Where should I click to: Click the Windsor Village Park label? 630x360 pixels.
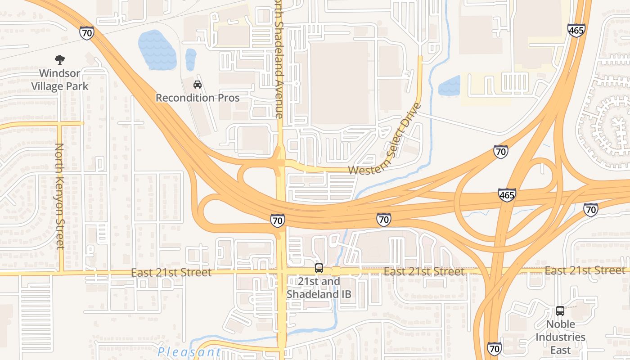coord(59,80)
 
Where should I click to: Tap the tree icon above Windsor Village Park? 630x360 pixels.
coord(59,59)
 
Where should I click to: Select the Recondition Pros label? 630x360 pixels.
coord(198,98)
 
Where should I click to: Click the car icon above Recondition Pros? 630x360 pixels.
coord(197,84)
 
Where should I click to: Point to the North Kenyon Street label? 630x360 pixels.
coord(59,196)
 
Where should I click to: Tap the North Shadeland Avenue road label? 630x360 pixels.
coord(279,58)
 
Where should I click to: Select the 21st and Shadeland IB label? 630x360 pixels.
coord(319,288)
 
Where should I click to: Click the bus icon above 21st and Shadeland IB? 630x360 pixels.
coord(319,268)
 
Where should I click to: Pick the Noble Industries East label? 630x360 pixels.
coord(560,337)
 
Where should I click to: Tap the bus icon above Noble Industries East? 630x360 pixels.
coord(560,311)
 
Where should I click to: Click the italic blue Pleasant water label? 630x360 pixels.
coord(189,352)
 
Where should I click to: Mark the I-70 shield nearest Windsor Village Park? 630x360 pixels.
coord(87,33)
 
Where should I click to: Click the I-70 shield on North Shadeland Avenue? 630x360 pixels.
coord(278,220)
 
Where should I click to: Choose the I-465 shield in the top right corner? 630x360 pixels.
coord(576,31)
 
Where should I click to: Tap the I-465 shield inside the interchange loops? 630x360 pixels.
coord(507,195)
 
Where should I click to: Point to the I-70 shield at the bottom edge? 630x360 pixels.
coord(494,349)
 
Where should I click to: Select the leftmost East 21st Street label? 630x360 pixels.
coord(171,273)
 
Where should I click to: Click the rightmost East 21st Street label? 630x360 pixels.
coord(585,270)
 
